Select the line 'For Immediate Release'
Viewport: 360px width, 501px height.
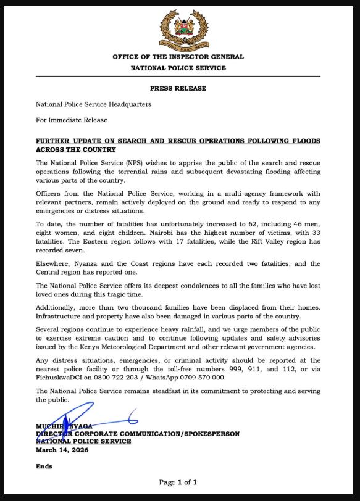71,120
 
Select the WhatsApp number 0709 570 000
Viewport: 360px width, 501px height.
204,377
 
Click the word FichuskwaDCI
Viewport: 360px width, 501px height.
57,377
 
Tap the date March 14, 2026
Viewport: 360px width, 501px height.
62,450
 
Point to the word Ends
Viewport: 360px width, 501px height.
44,466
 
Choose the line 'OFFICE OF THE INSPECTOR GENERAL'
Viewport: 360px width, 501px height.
178,57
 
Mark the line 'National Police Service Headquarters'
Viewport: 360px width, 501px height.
93,104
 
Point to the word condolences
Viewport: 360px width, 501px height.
178,285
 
